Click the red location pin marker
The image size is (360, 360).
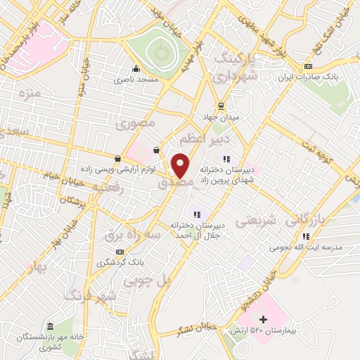(181, 166)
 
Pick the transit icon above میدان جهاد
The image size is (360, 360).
(221, 105)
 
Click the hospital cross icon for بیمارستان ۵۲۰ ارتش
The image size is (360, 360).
(263, 320)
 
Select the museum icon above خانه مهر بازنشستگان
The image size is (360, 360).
(50, 327)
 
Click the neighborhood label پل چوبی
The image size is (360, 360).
(148, 280)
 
